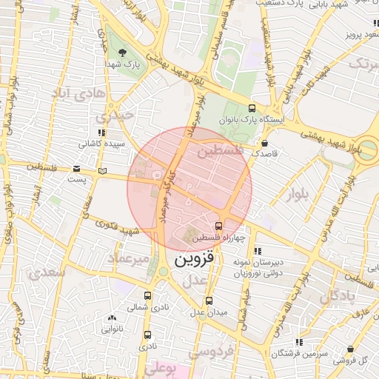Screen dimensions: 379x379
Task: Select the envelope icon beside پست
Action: point(78,169)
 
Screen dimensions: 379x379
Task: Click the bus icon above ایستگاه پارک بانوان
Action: point(252,107)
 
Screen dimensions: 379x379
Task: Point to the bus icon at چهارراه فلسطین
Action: point(218,226)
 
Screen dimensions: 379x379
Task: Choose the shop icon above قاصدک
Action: point(265,142)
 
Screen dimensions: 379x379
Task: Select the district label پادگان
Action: point(339,297)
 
